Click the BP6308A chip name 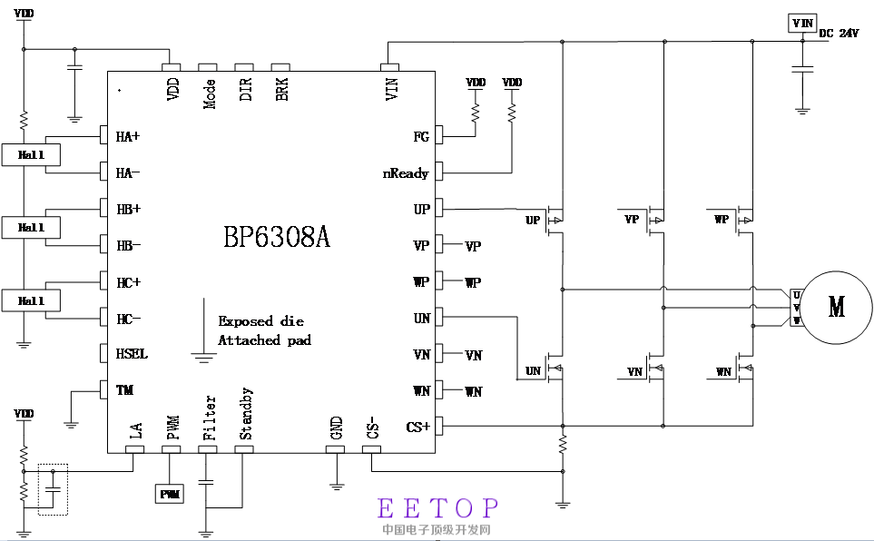point(277,238)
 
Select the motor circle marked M point(836,307)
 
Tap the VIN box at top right point(802,23)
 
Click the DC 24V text point(838,34)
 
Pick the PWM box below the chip point(170,494)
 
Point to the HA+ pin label point(128,137)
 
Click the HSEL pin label point(132,354)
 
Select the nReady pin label point(406,173)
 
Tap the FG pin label point(421,137)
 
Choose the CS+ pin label point(418,427)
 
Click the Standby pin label point(246,414)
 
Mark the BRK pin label point(282,90)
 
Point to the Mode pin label point(210,93)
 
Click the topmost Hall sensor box point(32,155)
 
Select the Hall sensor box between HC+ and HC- point(32,300)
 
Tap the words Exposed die point(260,321)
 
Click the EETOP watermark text point(437,507)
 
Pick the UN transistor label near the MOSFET point(533,371)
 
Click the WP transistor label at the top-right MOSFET point(722,220)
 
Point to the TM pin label point(125,390)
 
